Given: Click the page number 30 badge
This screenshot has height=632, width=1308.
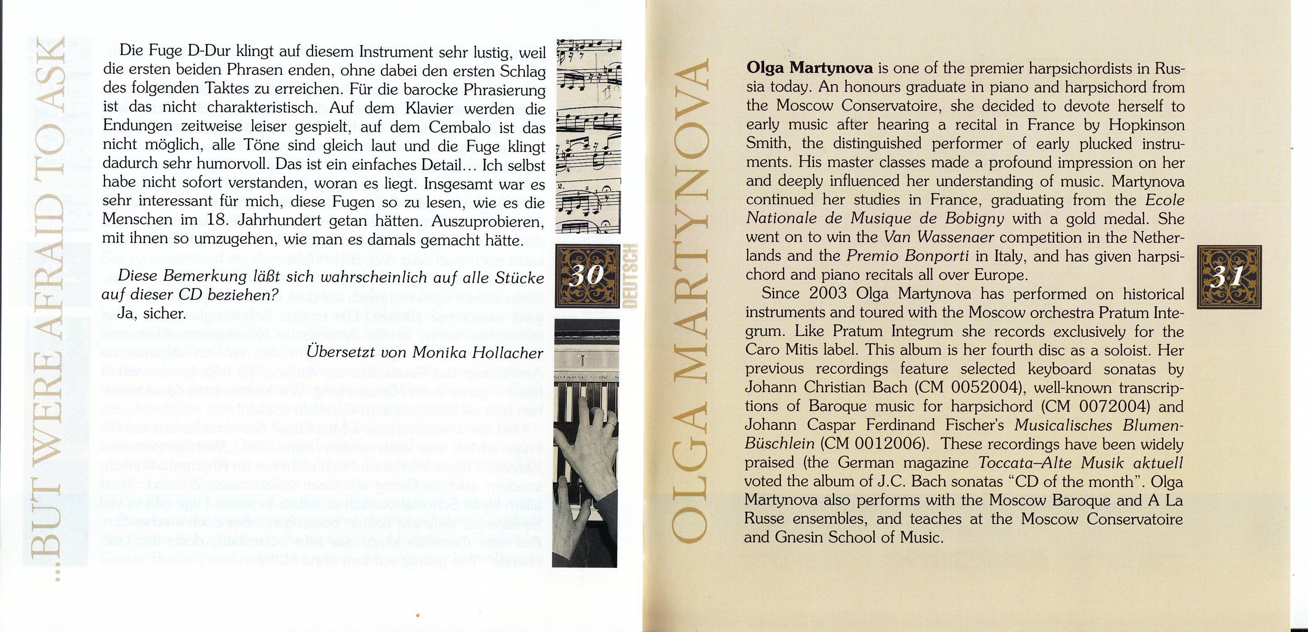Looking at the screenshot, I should (x=588, y=276).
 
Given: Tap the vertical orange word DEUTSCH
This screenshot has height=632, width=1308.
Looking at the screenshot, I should (x=631, y=276).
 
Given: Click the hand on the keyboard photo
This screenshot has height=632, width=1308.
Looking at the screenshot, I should (x=584, y=457).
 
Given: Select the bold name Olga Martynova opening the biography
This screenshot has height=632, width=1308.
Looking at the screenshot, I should (x=809, y=68).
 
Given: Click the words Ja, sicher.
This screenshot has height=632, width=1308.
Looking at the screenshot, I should (x=150, y=313).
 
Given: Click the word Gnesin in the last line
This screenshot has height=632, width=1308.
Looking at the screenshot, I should (x=796, y=537).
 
